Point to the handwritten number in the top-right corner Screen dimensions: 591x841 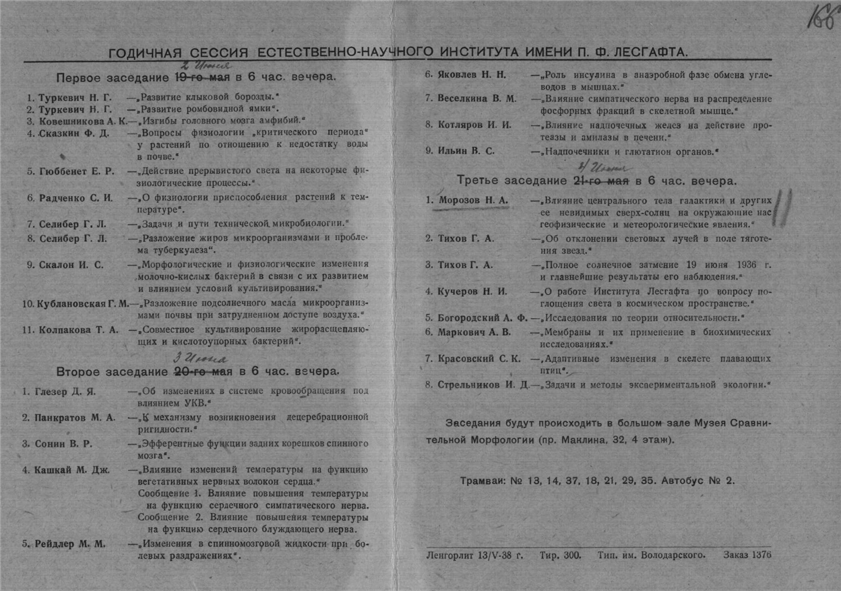820,17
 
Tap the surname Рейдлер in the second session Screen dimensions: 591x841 57,545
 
